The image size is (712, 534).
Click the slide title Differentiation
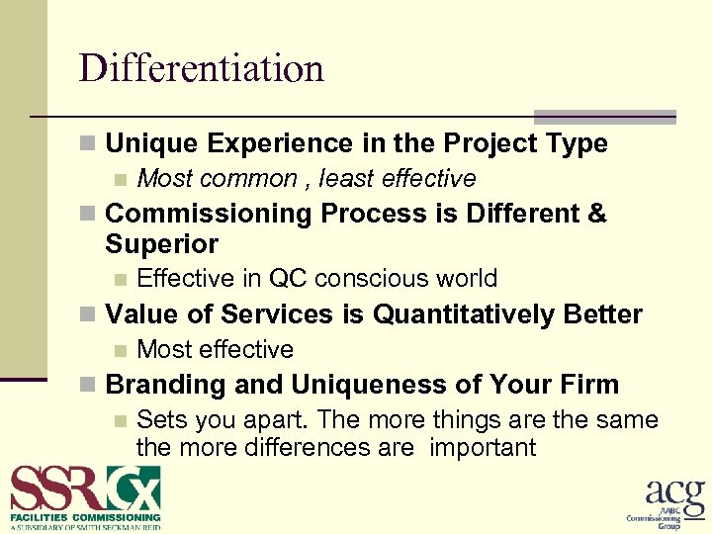[x=202, y=68]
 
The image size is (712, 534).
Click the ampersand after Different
[x=596, y=214]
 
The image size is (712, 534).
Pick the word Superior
[x=161, y=244]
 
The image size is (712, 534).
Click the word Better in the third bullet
[x=603, y=314]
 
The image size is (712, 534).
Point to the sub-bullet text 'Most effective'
[x=215, y=350]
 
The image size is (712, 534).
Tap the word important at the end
[x=483, y=448]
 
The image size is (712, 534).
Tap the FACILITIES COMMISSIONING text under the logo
[x=85, y=517]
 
